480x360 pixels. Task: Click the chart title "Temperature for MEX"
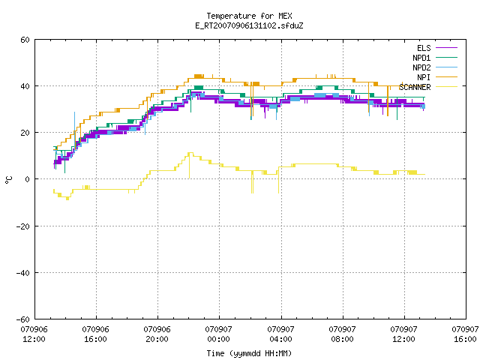(249, 16)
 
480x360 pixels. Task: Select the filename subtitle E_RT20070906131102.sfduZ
(249, 25)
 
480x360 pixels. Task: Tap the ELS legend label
(424, 48)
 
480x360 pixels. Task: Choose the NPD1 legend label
(421, 58)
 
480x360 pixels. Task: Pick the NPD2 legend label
(421, 67)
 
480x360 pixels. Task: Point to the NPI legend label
(424, 77)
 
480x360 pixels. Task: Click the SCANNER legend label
(415, 87)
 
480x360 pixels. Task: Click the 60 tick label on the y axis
(25, 40)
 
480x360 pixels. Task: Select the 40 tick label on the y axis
(25, 86)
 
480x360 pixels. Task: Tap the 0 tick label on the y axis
(28, 179)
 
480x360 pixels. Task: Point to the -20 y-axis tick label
(23, 226)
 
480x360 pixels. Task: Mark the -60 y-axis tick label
(23, 319)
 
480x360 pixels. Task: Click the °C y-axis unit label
(9, 180)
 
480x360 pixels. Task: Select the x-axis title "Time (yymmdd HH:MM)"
(249, 353)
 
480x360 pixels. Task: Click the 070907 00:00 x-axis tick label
(218, 334)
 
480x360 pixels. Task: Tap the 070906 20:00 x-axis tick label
(157, 334)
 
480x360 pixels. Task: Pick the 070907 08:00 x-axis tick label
(342, 334)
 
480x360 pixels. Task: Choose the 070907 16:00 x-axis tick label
(465, 334)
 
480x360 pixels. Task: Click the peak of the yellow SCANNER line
(190, 152)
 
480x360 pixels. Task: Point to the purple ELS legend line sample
(447, 48)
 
